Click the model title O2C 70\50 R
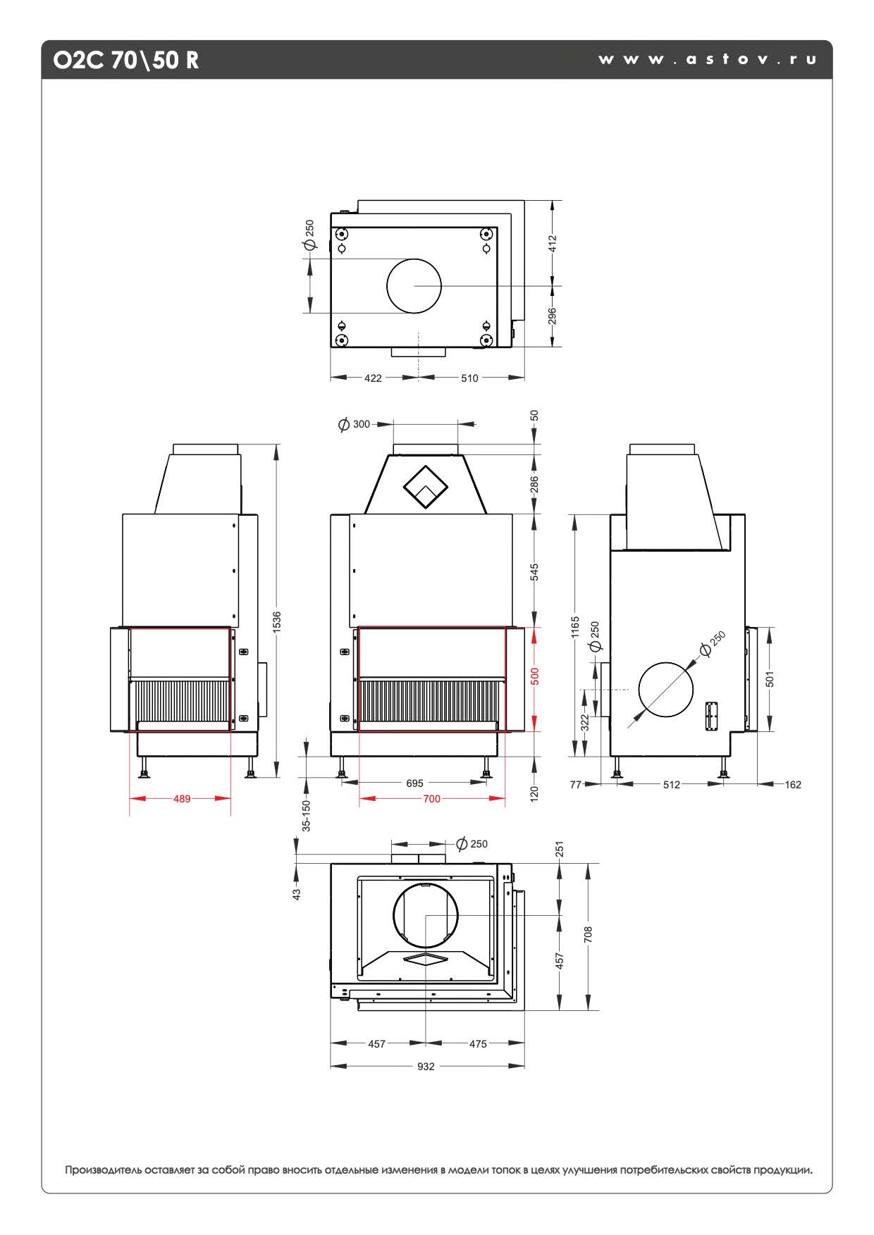(x=126, y=61)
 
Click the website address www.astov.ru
(x=708, y=60)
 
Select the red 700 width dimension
(x=431, y=798)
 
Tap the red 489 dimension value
(x=182, y=798)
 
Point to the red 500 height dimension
(x=535, y=677)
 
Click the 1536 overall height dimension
(x=277, y=621)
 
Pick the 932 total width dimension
(x=426, y=1066)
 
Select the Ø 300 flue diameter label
(x=354, y=424)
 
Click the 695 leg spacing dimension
(x=414, y=783)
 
